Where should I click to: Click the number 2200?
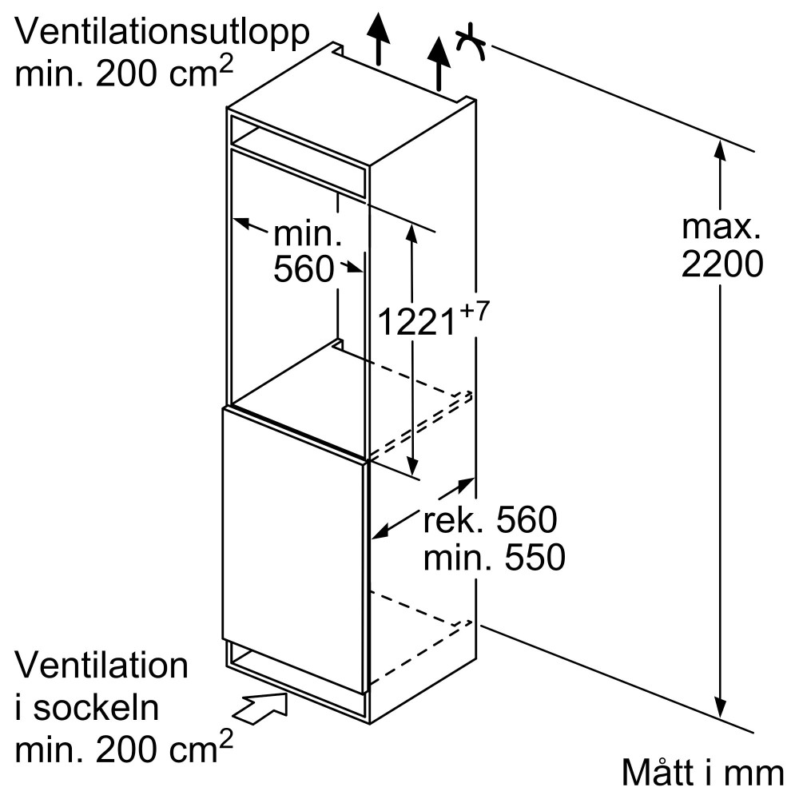[x=721, y=264]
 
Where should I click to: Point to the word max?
[x=721, y=228]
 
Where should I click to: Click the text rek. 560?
[x=489, y=521]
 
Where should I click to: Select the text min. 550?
[x=494, y=558]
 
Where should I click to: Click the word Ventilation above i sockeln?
[x=102, y=666]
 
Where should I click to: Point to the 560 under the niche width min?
[x=303, y=270]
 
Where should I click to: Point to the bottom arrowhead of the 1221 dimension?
[x=412, y=467]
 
